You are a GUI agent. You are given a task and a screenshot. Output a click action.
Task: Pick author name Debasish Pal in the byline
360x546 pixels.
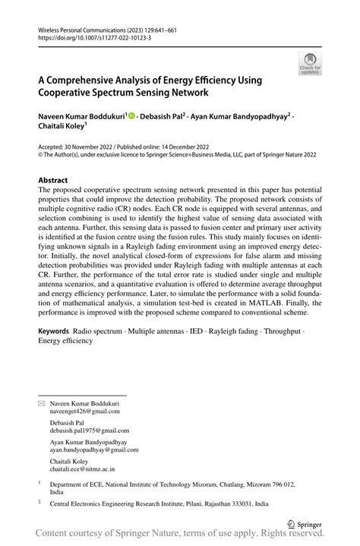[x=163, y=116]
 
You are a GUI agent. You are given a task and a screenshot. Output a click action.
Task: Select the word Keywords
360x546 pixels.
[x=53, y=332]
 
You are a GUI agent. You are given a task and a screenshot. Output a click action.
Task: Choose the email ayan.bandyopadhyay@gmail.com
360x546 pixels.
[x=91, y=449]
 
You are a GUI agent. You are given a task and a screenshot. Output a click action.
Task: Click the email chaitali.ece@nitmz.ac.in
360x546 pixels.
[x=83, y=469]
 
